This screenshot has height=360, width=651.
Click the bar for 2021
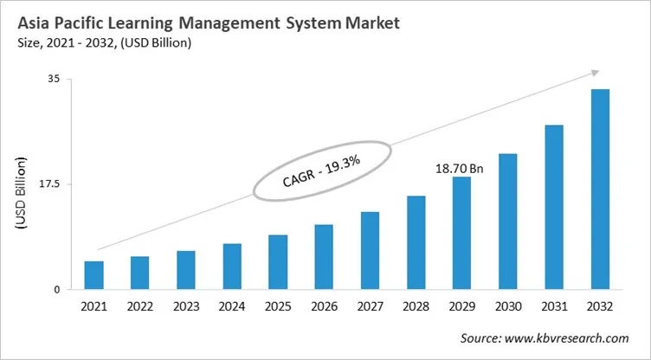[x=94, y=275]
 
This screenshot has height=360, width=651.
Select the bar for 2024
[x=232, y=267]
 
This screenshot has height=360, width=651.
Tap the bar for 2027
[x=370, y=250]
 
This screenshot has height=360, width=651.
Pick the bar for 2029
[x=461, y=233]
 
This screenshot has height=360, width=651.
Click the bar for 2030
[x=507, y=222]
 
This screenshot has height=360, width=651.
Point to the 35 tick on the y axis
[x=54, y=79]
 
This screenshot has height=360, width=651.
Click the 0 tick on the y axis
[x=56, y=290]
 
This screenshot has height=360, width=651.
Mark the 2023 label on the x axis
[x=186, y=306]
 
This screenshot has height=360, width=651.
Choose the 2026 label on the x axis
[x=324, y=306]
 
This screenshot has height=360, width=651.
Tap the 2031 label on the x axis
[x=553, y=306]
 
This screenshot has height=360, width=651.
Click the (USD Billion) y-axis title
[x=22, y=193]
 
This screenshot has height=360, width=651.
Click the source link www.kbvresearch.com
[x=572, y=338]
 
